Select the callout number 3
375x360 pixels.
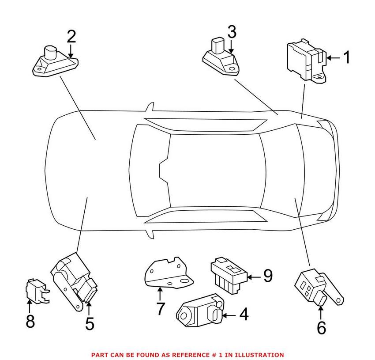pyautogui.click(x=232, y=32)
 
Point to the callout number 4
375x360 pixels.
pyautogui.click(x=243, y=315)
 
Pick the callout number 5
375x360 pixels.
pyautogui.click(x=90, y=323)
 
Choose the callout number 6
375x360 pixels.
pyautogui.click(x=321, y=327)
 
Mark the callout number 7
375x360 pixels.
pyautogui.click(x=161, y=309)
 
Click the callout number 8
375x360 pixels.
pyautogui.click(x=30, y=321)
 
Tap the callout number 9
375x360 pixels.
pyautogui.click(x=268, y=277)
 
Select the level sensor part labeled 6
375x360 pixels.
pyautogui.click(x=313, y=285)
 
